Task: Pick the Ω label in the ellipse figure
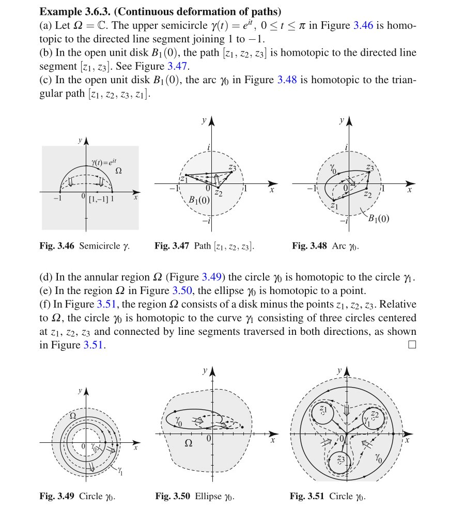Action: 188,443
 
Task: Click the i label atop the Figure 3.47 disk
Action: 208,148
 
